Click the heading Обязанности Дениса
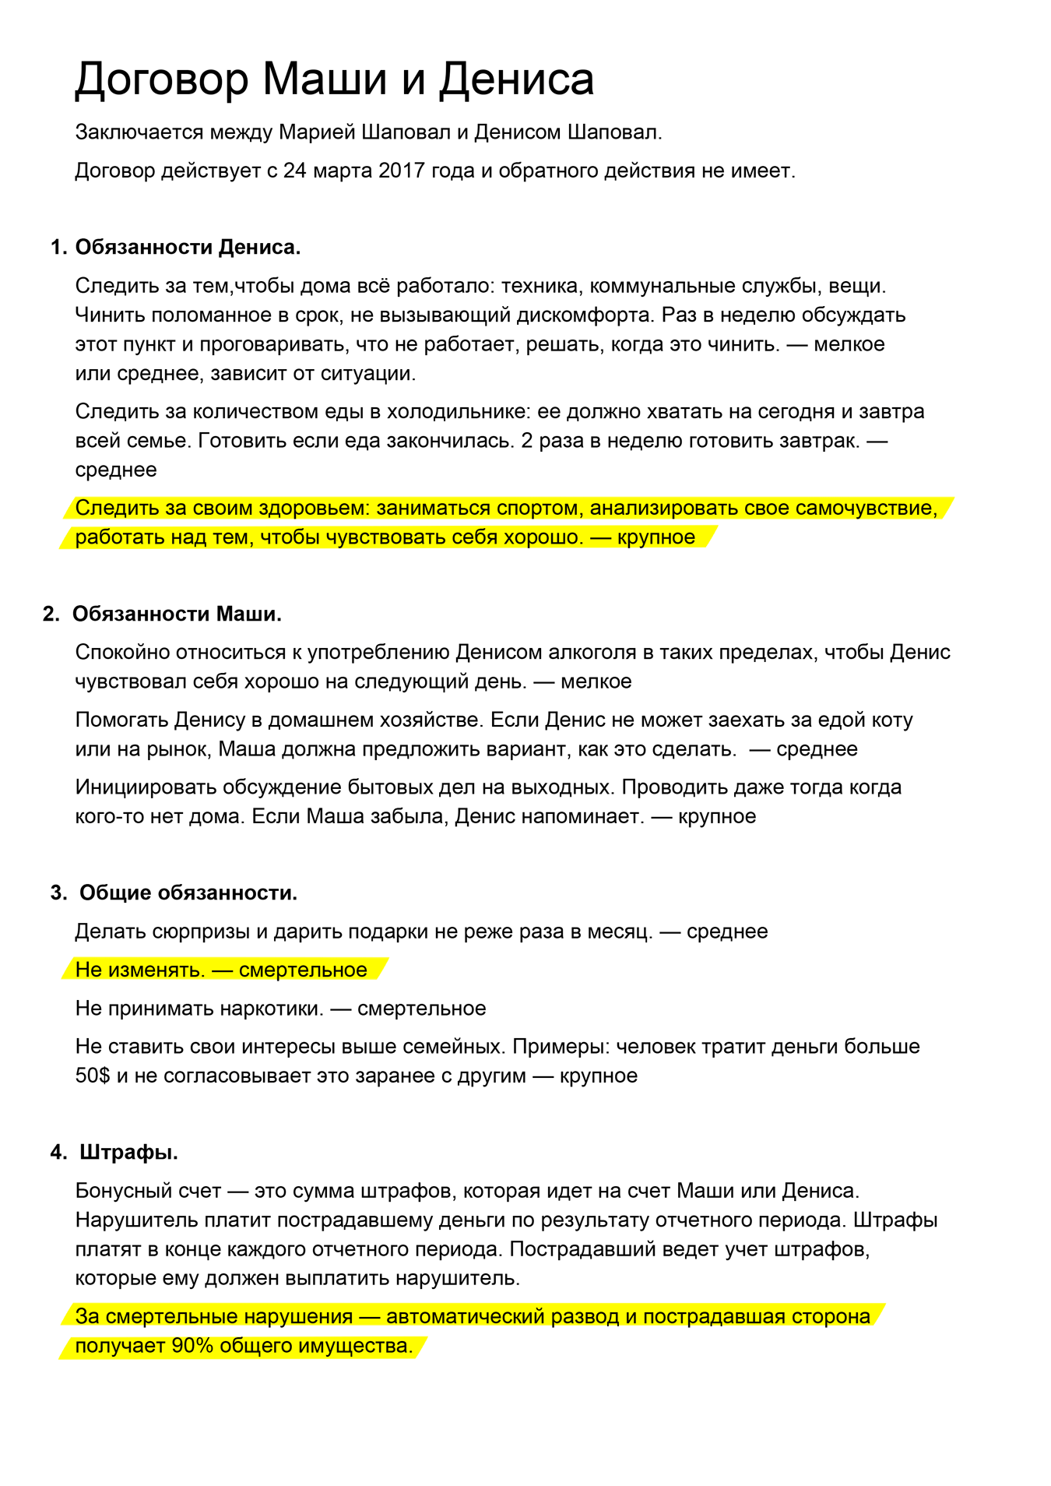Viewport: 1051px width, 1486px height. (x=188, y=248)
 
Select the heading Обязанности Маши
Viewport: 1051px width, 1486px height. (x=177, y=614)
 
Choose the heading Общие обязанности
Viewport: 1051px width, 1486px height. (x=188, y=893)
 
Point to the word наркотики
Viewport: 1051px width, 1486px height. (x=272, y=1009)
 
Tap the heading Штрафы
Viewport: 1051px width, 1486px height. (x=129, y=1152)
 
